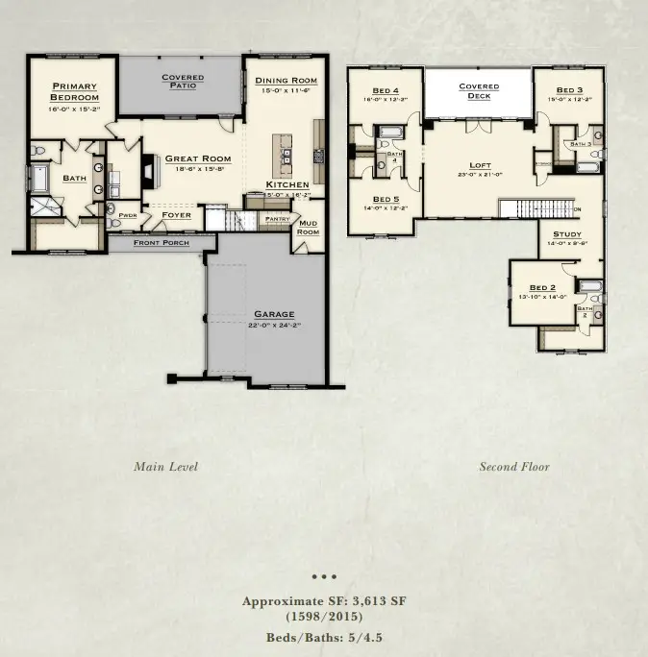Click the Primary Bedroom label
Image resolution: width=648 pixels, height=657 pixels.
coord(75,91)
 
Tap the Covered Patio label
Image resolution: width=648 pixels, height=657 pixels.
coord(182,82)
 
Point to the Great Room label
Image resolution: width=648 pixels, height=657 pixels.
coord(198,158)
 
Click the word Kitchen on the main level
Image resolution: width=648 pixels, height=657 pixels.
coord(288,184)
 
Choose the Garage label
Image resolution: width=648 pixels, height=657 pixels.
coord(274,314)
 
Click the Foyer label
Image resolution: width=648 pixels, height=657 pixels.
coord(176,215)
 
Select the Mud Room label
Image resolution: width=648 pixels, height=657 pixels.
coord(308,228)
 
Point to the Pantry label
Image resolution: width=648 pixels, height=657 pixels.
coord(277,219)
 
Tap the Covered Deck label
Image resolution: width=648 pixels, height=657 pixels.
coord(479,91)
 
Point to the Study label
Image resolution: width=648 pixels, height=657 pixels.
coord(566,234)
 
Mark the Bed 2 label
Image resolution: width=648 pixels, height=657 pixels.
coord(543,288)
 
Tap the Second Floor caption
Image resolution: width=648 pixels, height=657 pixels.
coord(514,467)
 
